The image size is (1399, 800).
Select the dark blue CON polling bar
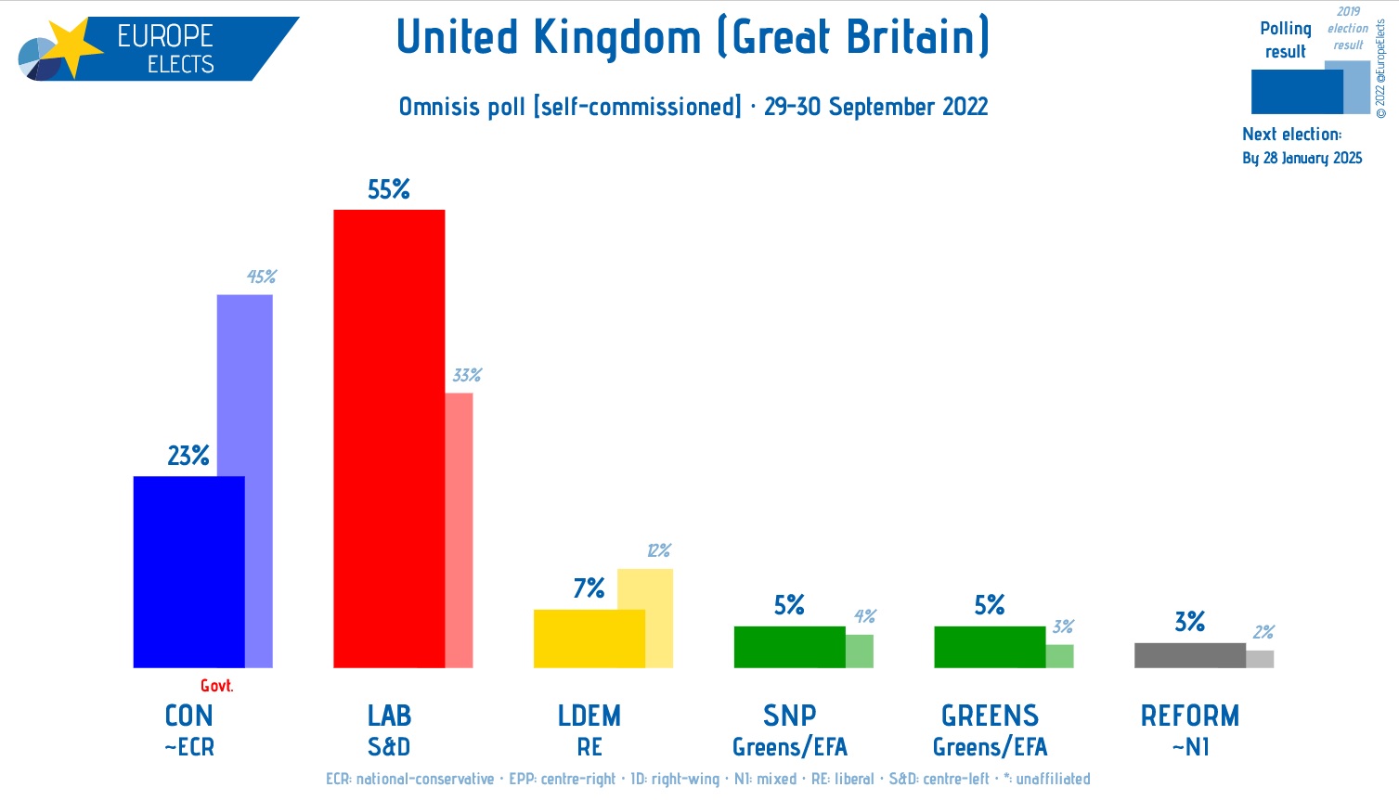188,572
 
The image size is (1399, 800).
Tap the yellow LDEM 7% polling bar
589,639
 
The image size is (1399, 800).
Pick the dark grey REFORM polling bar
1189,655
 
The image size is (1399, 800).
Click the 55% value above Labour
389,189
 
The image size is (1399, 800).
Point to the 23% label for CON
188,456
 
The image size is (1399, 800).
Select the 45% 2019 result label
261,277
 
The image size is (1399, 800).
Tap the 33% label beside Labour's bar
467,375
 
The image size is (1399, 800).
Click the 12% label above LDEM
658,550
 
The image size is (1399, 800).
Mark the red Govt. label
217,686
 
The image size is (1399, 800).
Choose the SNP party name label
790,716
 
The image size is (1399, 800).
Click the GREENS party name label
990,716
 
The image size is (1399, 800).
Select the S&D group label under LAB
389,747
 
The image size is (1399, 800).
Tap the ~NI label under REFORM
1189,747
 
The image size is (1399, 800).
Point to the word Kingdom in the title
617,38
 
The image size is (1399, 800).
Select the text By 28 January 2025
1302,158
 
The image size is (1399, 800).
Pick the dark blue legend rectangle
1296,92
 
